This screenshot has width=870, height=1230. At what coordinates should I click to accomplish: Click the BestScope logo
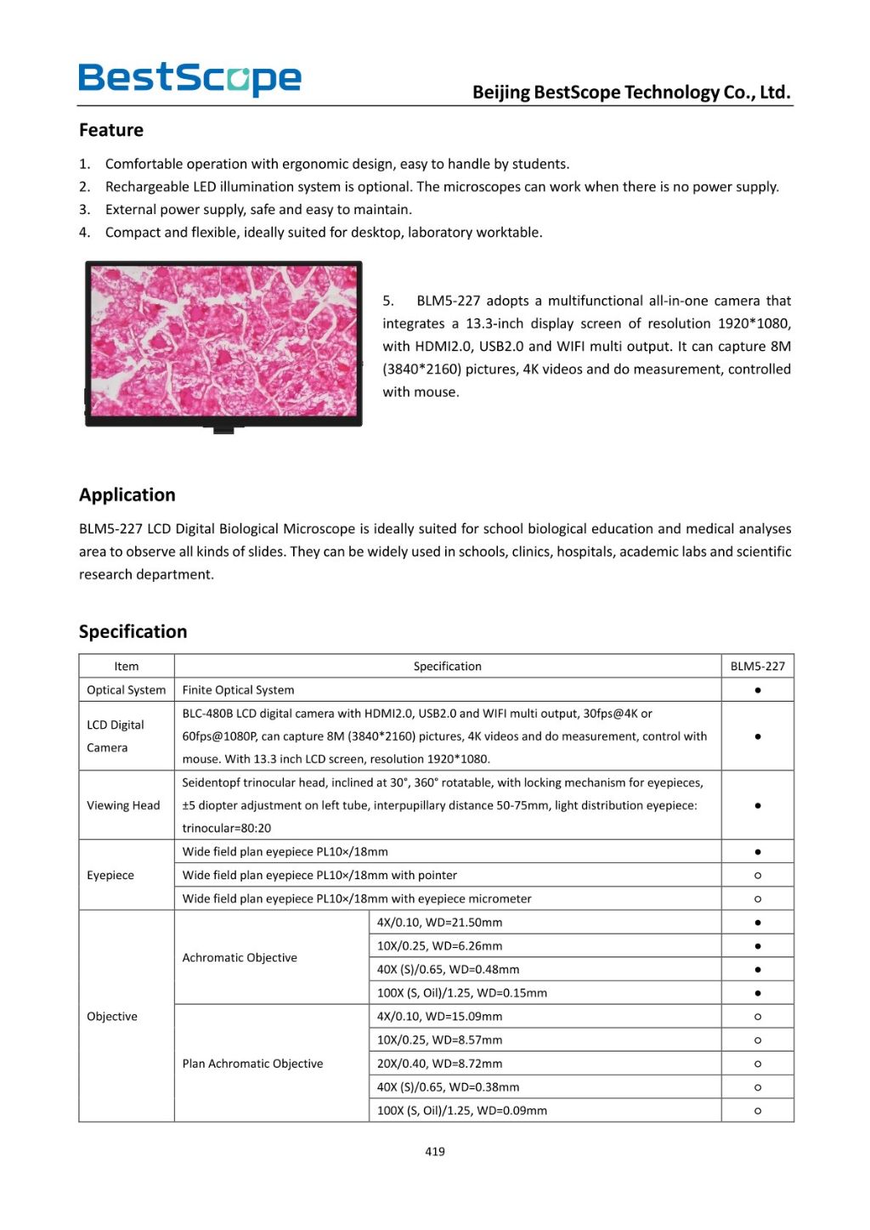[189, 78]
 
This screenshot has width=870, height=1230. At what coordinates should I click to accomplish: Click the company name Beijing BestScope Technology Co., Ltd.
[631, 92]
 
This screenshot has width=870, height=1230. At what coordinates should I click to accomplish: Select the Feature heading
[111, 130]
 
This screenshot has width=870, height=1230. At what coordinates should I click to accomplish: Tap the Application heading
[127, 494]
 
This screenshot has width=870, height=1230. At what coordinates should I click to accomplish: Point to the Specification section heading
[133, 631]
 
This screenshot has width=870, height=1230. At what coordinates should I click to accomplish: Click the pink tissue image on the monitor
[223, 340]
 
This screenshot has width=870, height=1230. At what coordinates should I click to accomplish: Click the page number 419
[435, 1151]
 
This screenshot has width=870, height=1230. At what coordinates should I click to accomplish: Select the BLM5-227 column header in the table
[757, 666]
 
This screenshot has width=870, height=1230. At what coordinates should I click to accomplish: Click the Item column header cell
[127, 666]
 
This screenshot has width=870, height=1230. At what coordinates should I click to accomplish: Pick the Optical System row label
[127, 690]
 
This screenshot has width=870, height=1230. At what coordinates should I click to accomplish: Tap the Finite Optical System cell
[239, 690]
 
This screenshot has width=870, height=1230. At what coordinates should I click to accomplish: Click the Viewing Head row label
[123, 805]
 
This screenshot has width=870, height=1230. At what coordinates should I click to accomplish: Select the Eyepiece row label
[110, 875]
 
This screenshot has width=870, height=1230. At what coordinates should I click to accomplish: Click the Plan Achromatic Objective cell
[252, 1064]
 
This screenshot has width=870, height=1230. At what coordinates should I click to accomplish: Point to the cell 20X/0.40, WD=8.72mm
[439, 1064]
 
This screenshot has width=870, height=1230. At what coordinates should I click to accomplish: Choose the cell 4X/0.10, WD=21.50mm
[439, 922]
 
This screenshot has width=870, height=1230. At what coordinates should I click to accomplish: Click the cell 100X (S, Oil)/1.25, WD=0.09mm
[461, 1110]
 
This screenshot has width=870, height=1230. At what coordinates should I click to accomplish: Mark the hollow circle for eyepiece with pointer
[757, 875]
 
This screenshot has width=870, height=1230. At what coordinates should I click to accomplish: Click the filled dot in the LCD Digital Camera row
[757, 736]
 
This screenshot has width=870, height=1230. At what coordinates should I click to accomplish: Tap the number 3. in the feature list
[85, 209]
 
